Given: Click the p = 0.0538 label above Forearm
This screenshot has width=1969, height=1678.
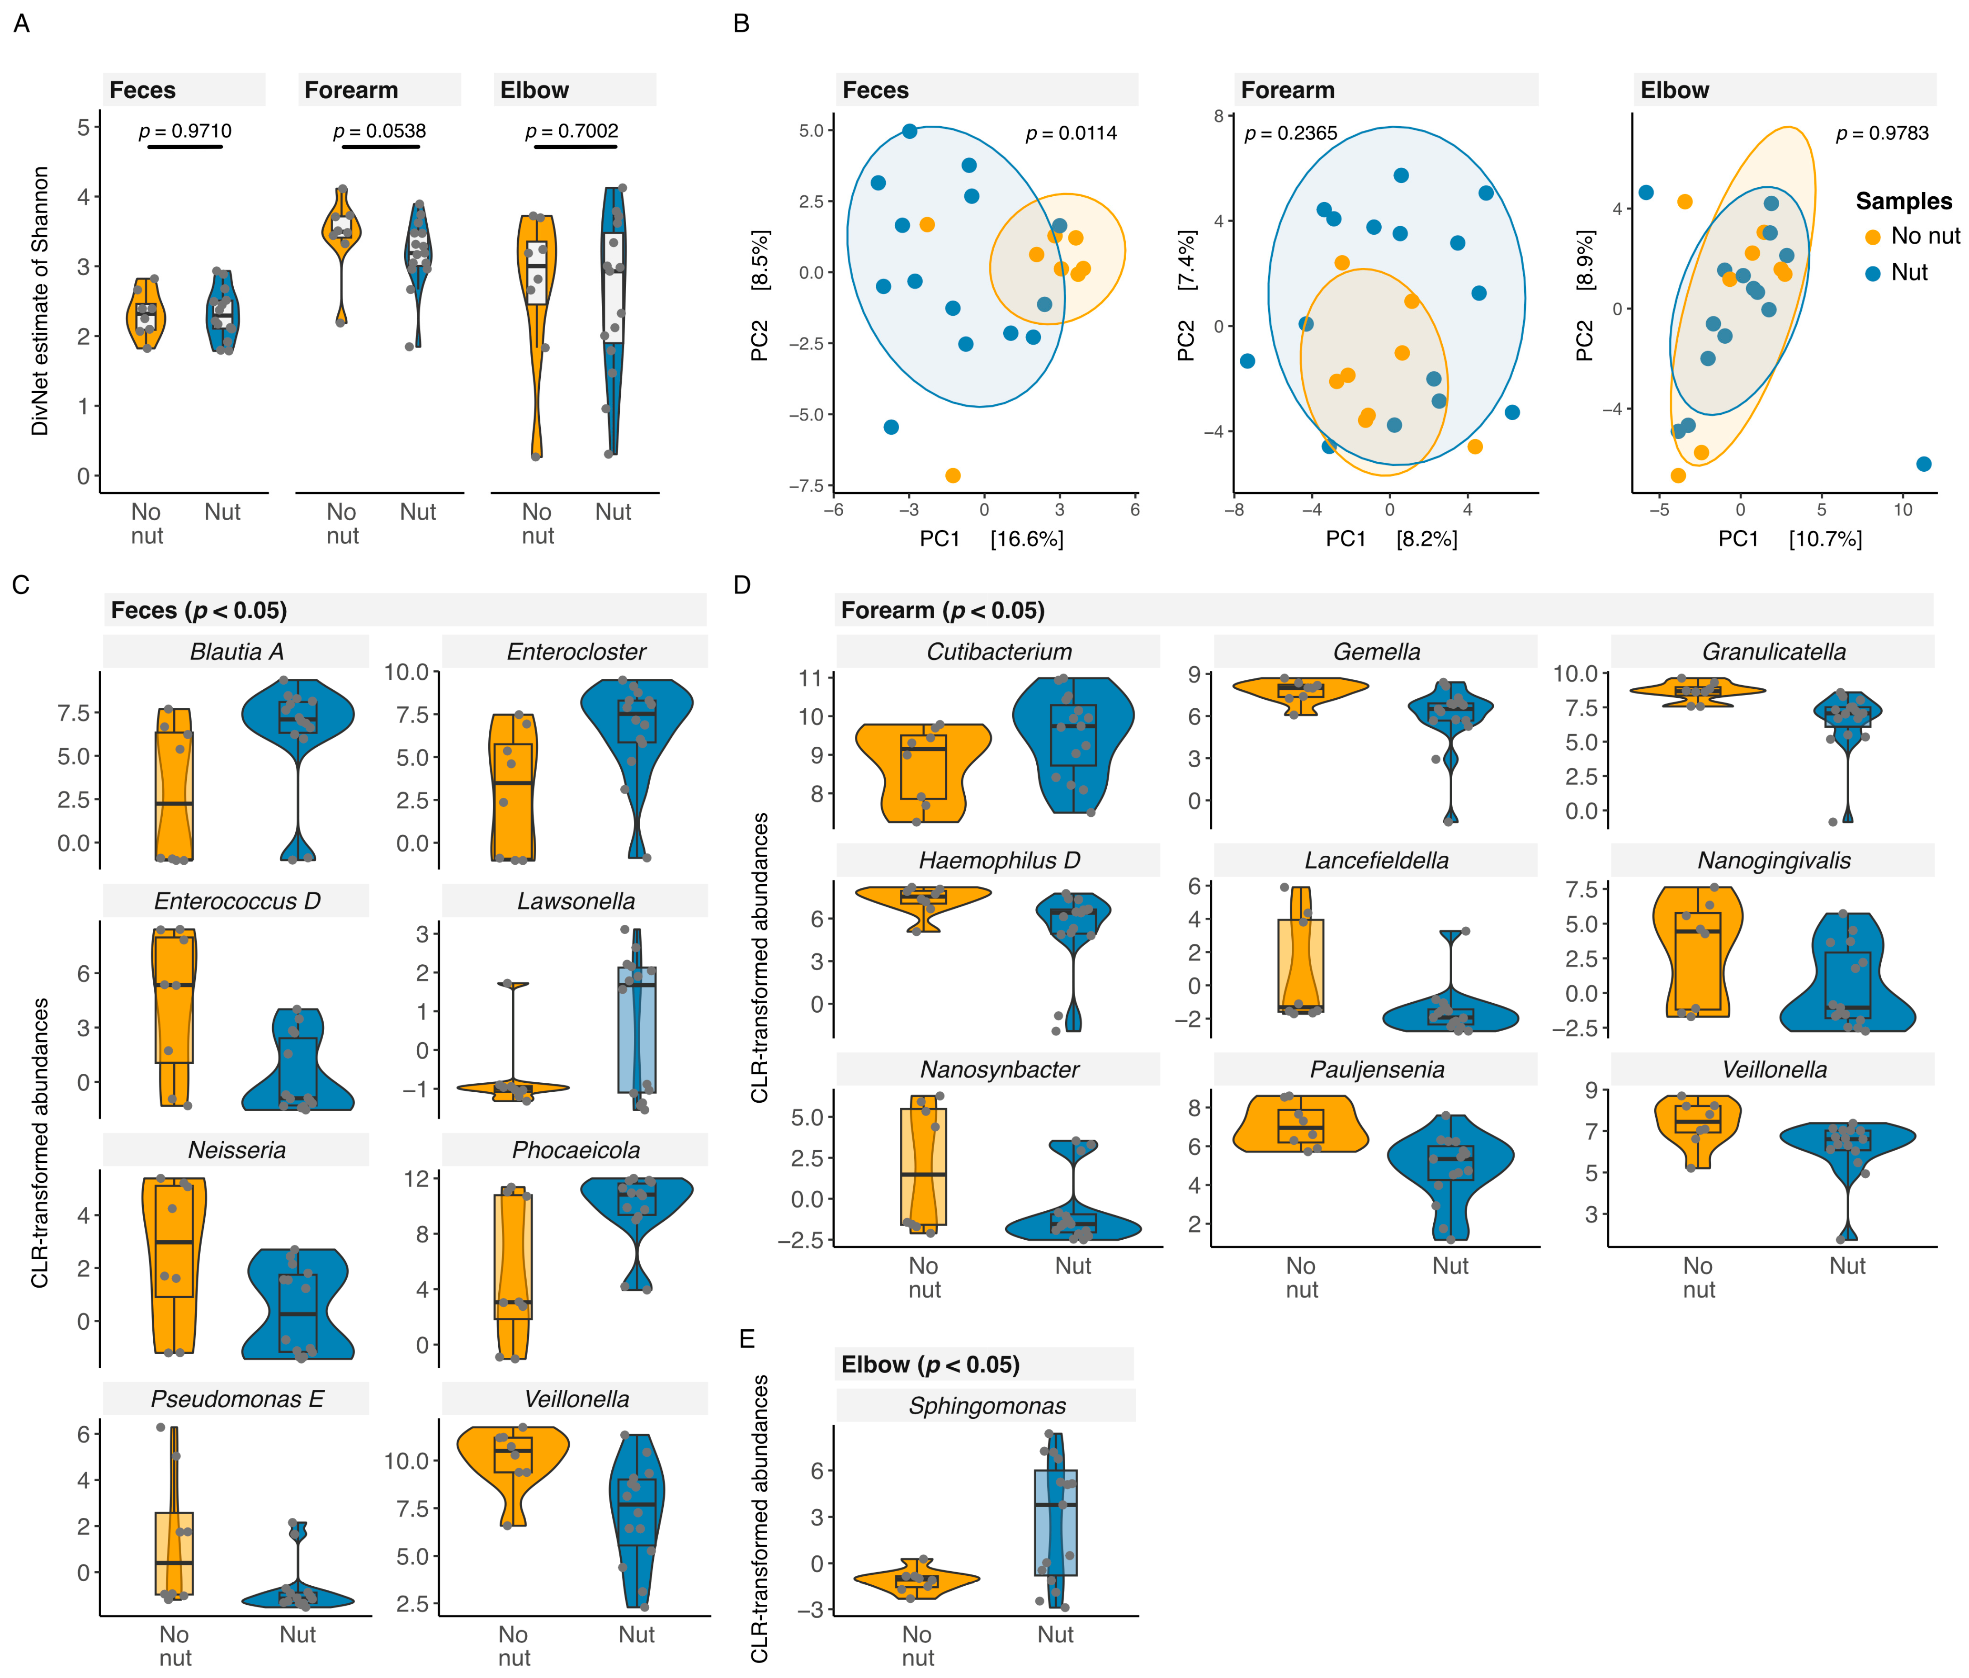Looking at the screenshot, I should (x=379, y=131).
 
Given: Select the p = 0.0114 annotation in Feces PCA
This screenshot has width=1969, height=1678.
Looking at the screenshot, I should (x=1071, y=133).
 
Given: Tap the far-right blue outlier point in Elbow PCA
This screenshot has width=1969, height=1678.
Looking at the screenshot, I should (x=1923, y=464).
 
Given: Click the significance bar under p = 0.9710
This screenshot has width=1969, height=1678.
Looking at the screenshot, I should (x=185, y=147).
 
